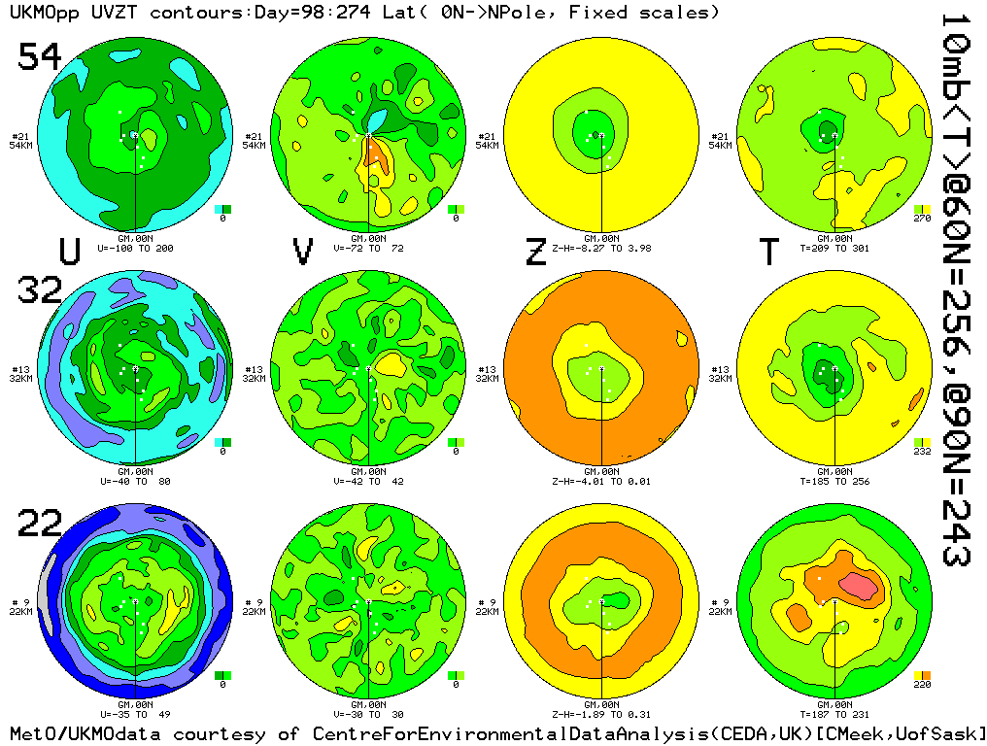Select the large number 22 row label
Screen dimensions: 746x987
point(40,525)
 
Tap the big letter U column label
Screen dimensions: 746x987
point(69,252)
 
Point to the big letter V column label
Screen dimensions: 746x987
point(303,252)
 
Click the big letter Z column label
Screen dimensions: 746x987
point(535,252)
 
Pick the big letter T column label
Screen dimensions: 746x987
point(768,252)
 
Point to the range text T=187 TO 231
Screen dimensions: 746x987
point(834,715)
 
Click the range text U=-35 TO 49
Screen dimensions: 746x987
point(135,715)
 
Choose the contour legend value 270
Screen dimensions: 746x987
point(922,220)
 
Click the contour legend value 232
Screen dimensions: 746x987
point(922,453)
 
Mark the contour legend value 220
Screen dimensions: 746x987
point(922,686)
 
